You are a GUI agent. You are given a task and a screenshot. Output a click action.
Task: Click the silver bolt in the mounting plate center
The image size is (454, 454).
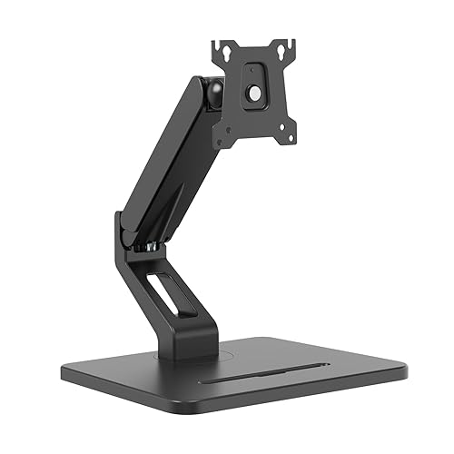click(254, 93)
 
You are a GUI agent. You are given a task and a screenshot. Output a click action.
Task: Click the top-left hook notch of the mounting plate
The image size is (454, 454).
click(217, 44)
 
